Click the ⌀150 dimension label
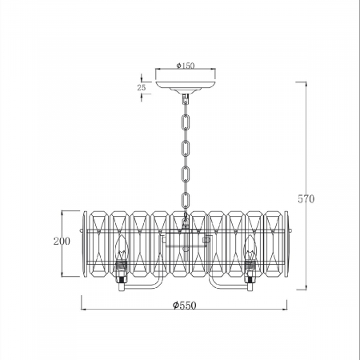click(186, 66)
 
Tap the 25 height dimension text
click(142, 87)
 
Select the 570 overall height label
click(306, 199)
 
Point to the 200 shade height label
click(62, 241)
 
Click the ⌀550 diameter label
click(184, 306)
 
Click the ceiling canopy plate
click(186, 86)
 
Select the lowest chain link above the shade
click(186, 200)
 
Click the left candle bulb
click(122, 248)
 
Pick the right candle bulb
click(250, 248)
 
